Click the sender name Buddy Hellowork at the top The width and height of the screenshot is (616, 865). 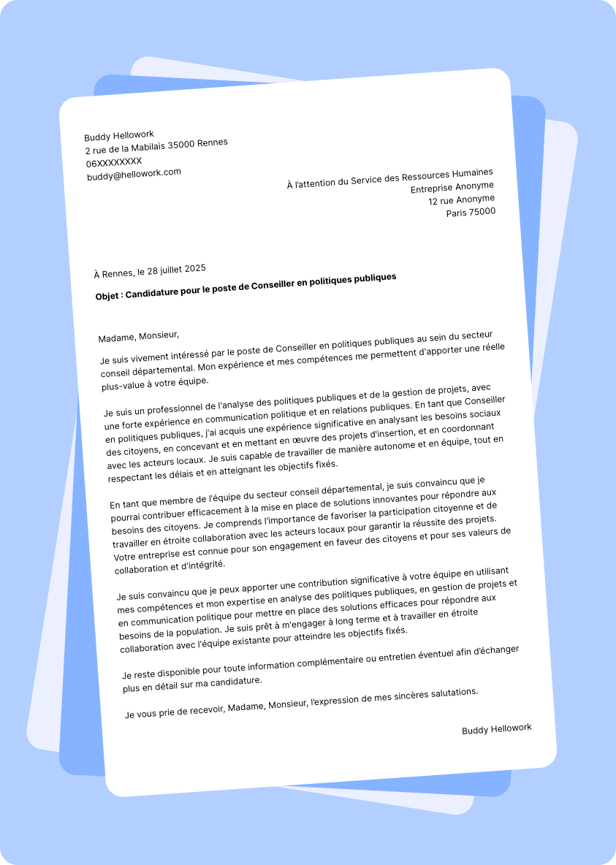click(x=119, y=135)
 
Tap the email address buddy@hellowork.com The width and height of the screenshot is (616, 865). click(x=134, y=174)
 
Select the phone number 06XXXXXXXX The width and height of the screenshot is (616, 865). click(x=114, y=161)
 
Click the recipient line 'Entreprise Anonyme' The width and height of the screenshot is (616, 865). click(x=452, y=188)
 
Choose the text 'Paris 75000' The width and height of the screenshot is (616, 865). click(x=471, y=213)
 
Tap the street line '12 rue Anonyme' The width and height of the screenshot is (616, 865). click(x=461, y=200)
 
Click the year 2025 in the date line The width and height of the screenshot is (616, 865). click(x=194, y=269)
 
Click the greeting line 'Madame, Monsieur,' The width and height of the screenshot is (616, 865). click(x=138, y=336)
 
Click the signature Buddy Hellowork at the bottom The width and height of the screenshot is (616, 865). click(x=496, y=729)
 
